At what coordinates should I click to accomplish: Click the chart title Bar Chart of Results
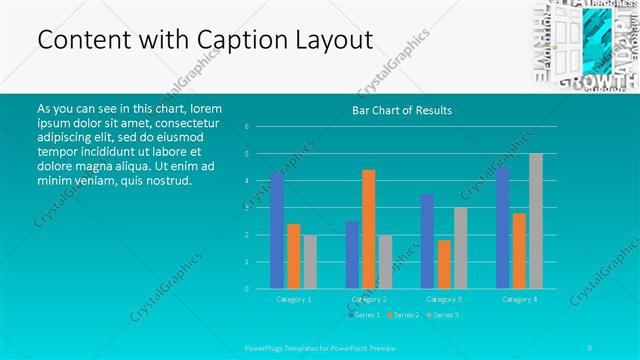tap(402, 110)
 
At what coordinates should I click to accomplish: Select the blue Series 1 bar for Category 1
tap(277, 231)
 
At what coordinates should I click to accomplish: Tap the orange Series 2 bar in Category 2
tap(368, 229)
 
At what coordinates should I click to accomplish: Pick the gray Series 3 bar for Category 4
tap(536, 221)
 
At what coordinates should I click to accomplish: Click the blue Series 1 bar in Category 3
tap(427, 241)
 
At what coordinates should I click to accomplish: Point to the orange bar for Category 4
tap(519, 251)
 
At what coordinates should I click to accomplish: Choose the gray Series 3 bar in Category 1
tap(310, 262)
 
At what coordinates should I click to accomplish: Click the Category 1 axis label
tap(293, 299)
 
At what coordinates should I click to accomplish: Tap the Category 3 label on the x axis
tap(444, 299)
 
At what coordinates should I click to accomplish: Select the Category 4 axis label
tap(519, 299)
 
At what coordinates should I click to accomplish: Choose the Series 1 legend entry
tap(364, 315)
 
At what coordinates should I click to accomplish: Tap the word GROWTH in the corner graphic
tap(598, 81)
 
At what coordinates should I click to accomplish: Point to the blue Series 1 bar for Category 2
tap(352, 255)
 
